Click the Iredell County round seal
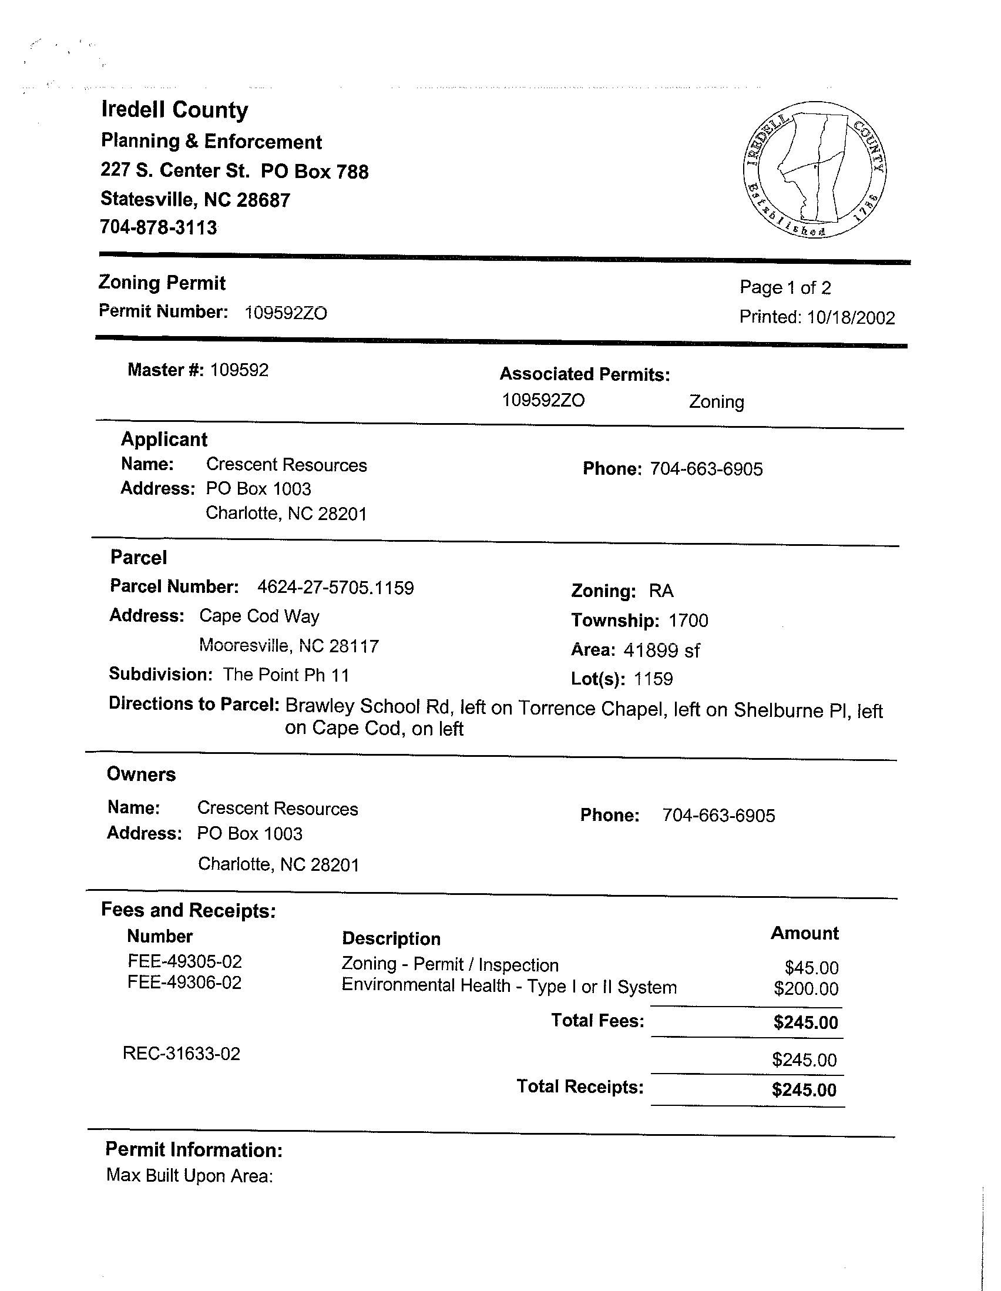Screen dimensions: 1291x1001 [x=814, y=169]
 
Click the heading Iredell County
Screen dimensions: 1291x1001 [x=174, y=110]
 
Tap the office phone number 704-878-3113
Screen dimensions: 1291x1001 [x=159, y=227]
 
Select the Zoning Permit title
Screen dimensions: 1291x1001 [x=162, y=283]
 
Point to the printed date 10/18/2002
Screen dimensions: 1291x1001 [x=851, y=318]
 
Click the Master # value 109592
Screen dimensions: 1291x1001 [x=239, y=370]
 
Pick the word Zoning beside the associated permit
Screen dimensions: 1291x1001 [x=716, y=402]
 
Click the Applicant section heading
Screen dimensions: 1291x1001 [x=164, y=439]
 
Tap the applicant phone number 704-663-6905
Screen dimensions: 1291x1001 [x=706, y=470]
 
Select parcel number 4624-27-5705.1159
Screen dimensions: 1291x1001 [x=335, y=588]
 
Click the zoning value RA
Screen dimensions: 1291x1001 [x=661, y=591]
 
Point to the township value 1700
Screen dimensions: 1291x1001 [x=688, y=620]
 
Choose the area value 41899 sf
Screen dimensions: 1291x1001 [x=661, y=650]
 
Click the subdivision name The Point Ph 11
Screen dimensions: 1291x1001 [x=286, y=675]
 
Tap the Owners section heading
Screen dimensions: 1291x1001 [x=141, y=774]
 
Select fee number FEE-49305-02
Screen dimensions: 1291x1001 [x=184, y=962]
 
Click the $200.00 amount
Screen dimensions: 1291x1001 [x=806, y=988]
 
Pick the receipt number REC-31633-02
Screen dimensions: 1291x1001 [x=182, y=1054]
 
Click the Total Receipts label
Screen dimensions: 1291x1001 [x=580, y=1087]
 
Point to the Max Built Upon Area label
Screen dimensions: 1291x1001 [x=189, y=1175]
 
